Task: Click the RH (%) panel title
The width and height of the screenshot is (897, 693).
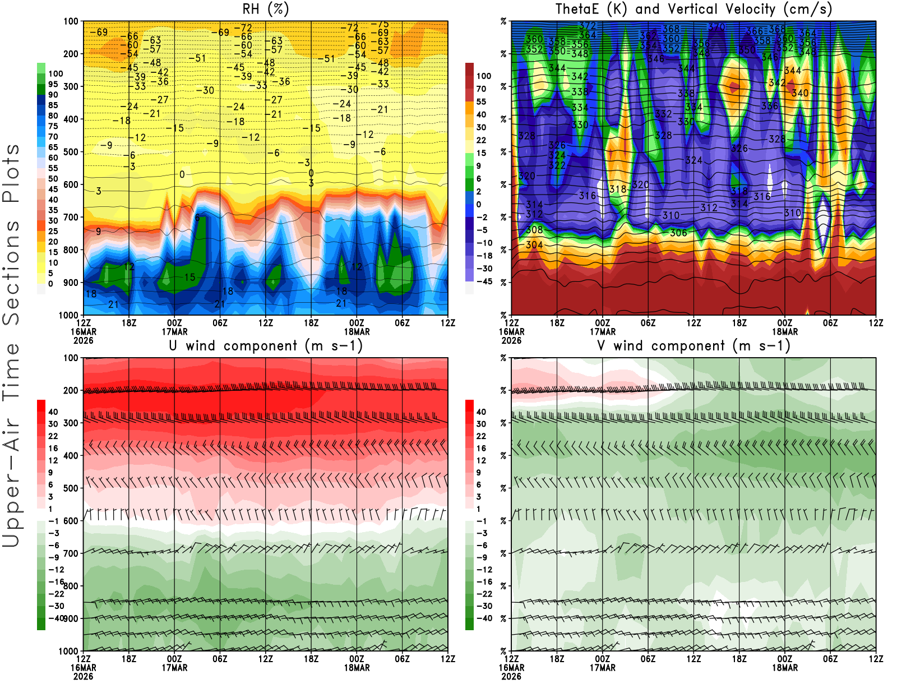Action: [266, 10]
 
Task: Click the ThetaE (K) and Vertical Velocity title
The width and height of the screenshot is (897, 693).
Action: [693, 10]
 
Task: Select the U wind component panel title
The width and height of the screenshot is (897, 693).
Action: [266, 346]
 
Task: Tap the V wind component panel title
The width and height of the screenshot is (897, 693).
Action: [693, 346]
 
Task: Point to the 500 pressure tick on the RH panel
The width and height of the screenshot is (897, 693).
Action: [71, 152]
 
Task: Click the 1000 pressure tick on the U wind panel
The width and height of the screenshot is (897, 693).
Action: [69, 652]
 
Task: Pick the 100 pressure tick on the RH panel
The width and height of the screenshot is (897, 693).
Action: [71, 21]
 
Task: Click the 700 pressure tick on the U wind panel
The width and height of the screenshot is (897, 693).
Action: [71, 553]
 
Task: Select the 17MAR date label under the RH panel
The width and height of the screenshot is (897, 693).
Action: [174, 331]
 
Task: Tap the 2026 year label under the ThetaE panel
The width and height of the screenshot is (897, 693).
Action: [511, 340]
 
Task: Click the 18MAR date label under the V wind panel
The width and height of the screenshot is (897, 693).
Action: [785, 668]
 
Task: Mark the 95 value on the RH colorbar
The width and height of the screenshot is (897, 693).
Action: [53, 84]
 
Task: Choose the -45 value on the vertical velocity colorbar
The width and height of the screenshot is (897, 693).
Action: [484, 281]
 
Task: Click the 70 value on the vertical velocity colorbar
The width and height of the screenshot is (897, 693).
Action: [481, 89]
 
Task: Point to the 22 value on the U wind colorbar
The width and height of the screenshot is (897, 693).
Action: [53, 436]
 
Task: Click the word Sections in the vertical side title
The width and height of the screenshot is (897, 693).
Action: [11, 272]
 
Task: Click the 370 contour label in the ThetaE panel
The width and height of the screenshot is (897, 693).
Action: [716, 26]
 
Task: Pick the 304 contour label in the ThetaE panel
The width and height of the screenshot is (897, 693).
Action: [534, 245]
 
